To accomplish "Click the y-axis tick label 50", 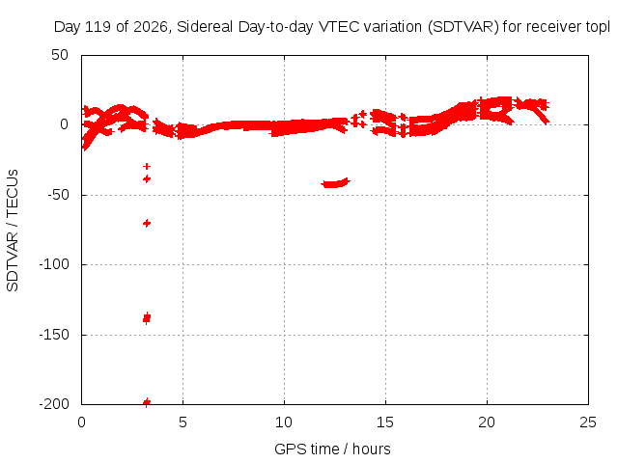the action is point(60,55).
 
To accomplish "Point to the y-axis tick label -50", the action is point(58,195).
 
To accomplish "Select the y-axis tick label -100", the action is point(54,264).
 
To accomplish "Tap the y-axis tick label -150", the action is point(54,335).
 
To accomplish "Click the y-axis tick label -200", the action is point(54,404).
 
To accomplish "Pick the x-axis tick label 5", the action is point(183,422).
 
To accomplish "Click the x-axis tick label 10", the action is point(284,422).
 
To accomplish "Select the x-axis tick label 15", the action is point(385,422).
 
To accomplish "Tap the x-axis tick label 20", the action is point(487,422).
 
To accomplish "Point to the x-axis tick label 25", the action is point(588,422).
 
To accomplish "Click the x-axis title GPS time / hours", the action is point(332,449).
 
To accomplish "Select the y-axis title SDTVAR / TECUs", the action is point(13,231).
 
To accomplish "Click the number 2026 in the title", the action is point(152,27).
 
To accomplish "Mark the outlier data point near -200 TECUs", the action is point(147,402).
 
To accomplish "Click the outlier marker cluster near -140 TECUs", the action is point(147,317).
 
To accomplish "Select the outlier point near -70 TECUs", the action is point(147,223).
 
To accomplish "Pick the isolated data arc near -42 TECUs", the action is point(335,183).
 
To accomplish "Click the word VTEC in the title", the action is point(339,27).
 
